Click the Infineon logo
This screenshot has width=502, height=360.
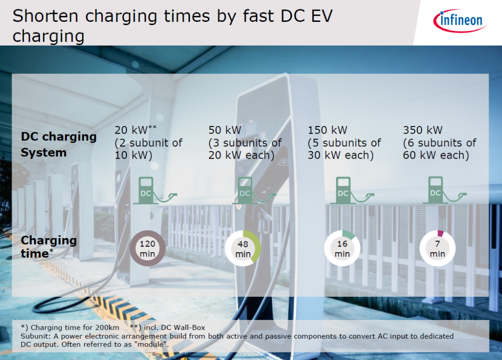(x=460, y=21)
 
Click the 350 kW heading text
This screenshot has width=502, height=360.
(x=423, y=130)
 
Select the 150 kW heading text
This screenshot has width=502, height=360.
(x=328, y=130)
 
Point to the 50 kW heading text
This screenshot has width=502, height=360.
(x=225, y=130)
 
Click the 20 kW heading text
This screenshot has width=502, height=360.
(x=136, y=130)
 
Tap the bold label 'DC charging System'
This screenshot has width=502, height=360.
(x=59, y=145)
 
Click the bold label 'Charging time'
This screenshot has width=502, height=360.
(x=49, y=247)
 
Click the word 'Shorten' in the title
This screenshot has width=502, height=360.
(x=46, y=16)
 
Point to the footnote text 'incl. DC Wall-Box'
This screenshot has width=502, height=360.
(x=174, y=327)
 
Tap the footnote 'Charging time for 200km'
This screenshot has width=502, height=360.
(x=75, y=327)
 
